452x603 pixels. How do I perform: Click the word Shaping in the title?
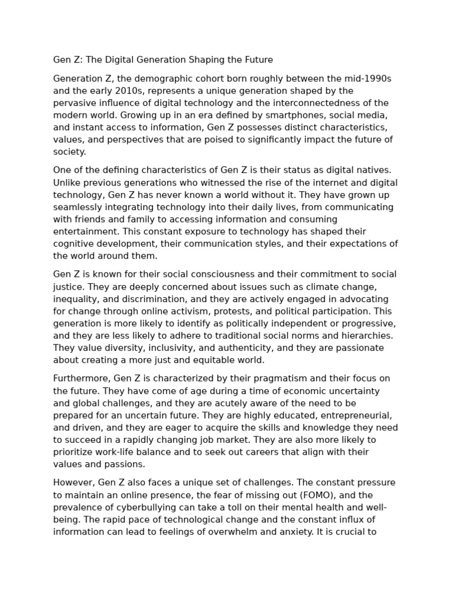tap(205, 60)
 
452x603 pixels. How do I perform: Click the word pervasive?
tap(74, 103)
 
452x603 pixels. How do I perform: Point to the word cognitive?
tap(72, 244)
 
